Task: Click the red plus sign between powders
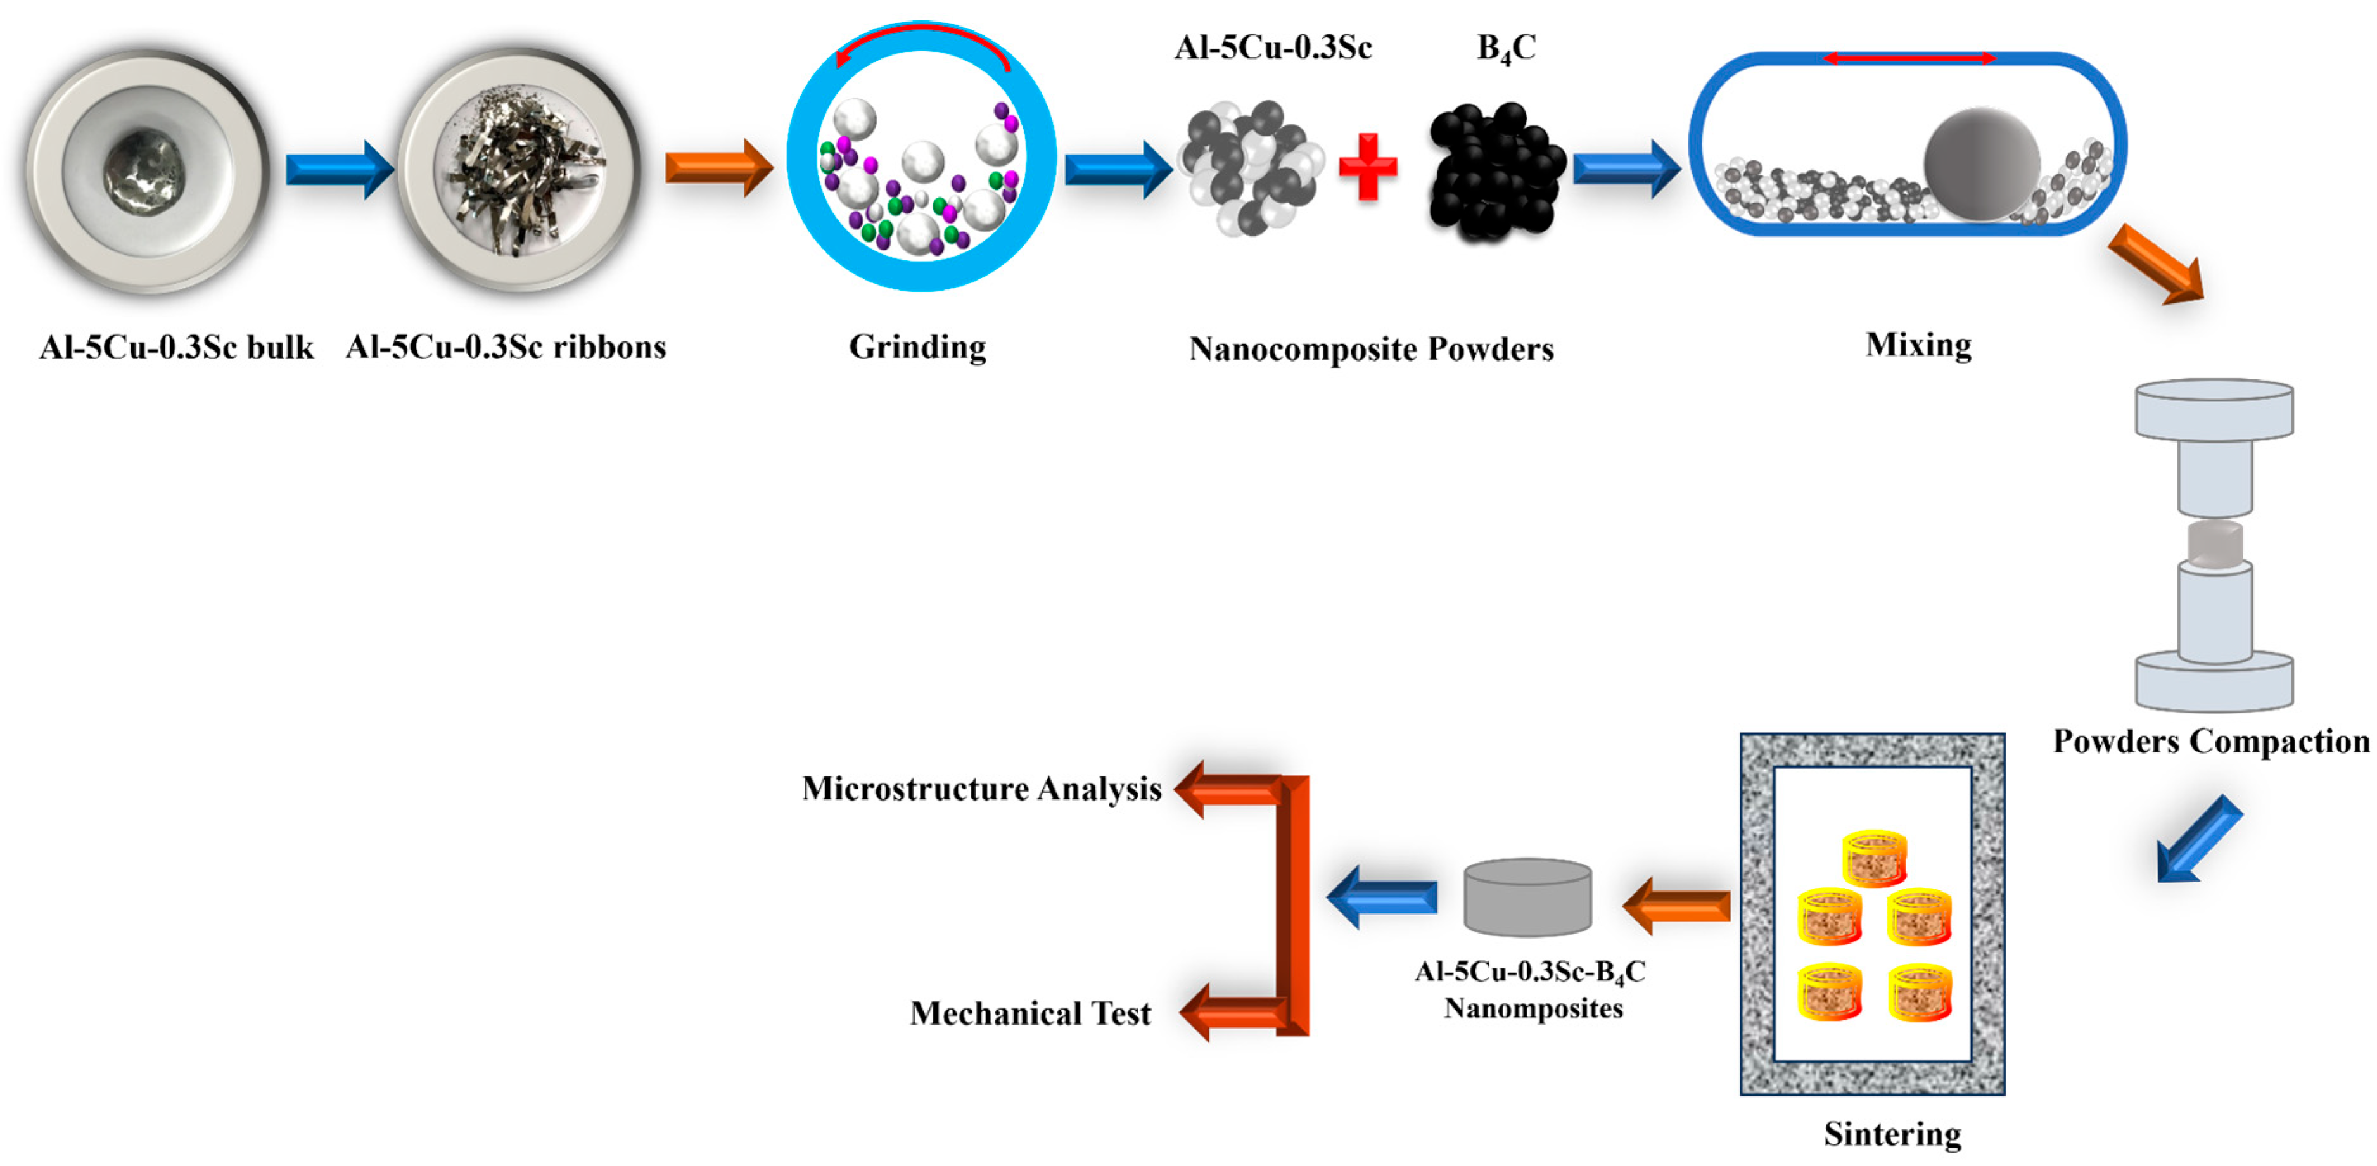click(x=1368, y=167)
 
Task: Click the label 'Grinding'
click(x=917, y=348)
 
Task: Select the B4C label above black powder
click(x=1506, y=49)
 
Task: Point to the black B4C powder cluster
click(x=1495, y=172)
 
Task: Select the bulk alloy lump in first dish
click(x=145, y=172)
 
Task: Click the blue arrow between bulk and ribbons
click(x=339, y=170)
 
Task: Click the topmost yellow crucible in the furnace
click(x=1874, y=858)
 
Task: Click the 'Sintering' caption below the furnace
click(x=1892, y=1134)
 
